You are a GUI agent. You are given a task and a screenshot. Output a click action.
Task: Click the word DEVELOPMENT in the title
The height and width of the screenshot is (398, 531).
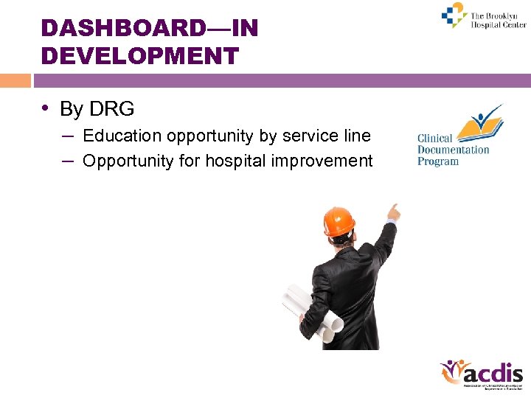[x=140, y=56]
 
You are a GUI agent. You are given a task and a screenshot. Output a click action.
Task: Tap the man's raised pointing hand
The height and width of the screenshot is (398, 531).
[x=394, y=213]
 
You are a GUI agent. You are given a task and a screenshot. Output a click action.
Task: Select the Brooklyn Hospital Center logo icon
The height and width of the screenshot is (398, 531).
[x=454, y=15]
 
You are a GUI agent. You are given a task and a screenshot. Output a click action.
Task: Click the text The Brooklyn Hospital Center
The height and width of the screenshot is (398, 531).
[x=498, y=20]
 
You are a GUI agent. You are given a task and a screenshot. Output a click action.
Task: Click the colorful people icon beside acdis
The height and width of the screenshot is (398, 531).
[x=451, y=372]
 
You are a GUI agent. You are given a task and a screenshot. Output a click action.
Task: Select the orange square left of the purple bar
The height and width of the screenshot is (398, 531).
[x=15, y=80]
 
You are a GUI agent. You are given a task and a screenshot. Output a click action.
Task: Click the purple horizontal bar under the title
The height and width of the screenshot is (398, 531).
[x=280, y=80]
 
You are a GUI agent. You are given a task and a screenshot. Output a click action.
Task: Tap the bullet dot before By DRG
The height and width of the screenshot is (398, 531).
[x=46, y=108]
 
